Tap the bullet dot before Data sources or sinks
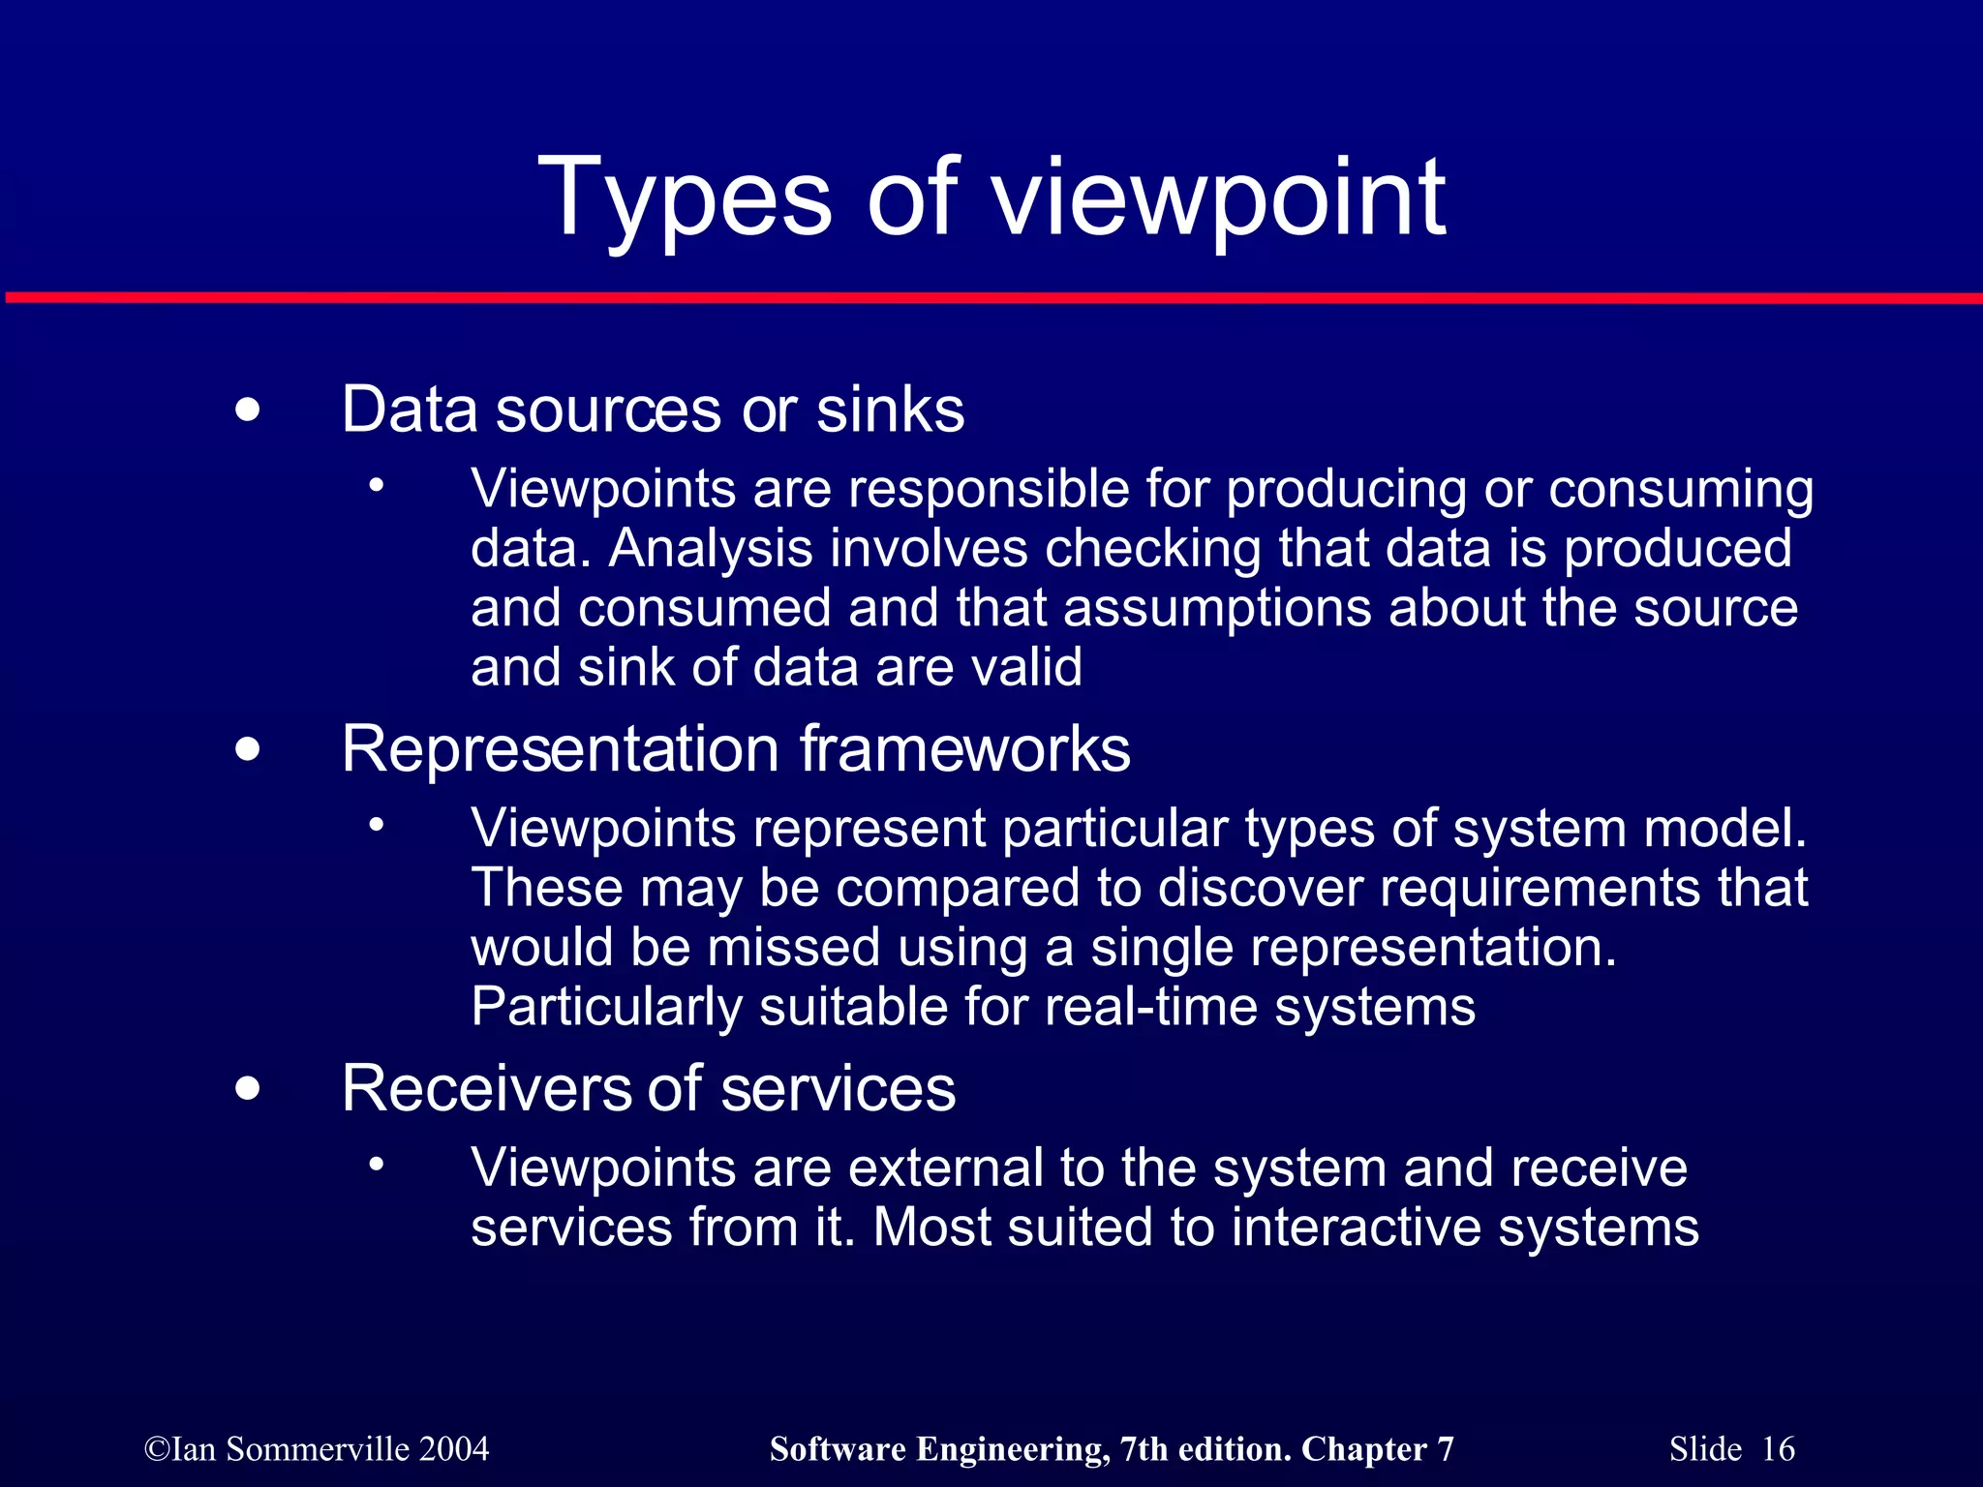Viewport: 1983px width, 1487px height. [x=248, y=410]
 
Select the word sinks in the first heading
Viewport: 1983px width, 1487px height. [x=890, y=410]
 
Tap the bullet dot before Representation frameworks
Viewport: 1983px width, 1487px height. [x=248, y=749]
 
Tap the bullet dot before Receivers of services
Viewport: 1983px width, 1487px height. [x=248, y=1089]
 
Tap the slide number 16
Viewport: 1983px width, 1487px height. [x=1778, y=1449]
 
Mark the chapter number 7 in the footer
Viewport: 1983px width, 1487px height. [x=1445, y=1449]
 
